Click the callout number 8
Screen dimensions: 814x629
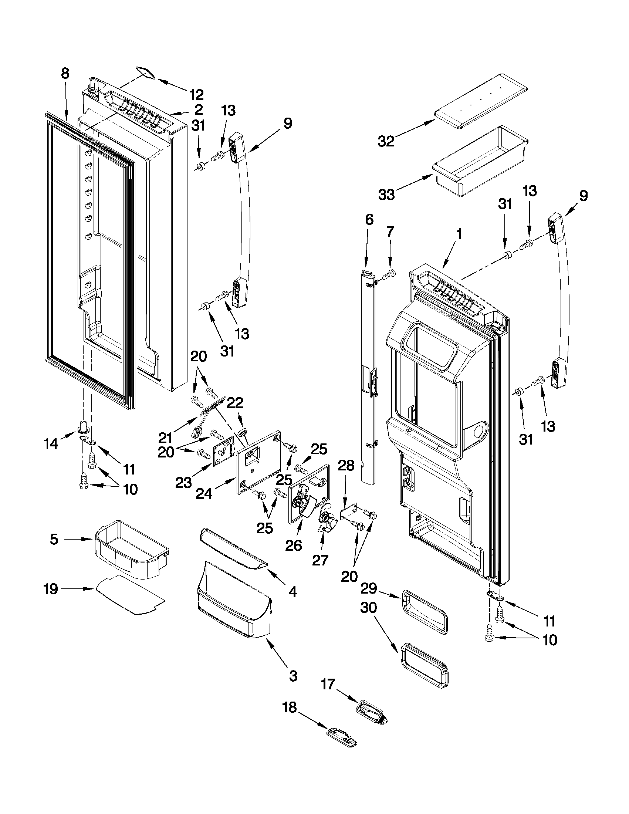coord(65,74)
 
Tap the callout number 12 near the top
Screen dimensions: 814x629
coord(196,95)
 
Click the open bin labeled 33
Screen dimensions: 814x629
coord(480,161)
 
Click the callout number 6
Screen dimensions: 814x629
coord(369,220)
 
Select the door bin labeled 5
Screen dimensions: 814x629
coord(131,550)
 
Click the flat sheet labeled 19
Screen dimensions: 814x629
coord(131,595)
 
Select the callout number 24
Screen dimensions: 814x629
coord(204,493)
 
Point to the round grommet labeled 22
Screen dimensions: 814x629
coord(243,433)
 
